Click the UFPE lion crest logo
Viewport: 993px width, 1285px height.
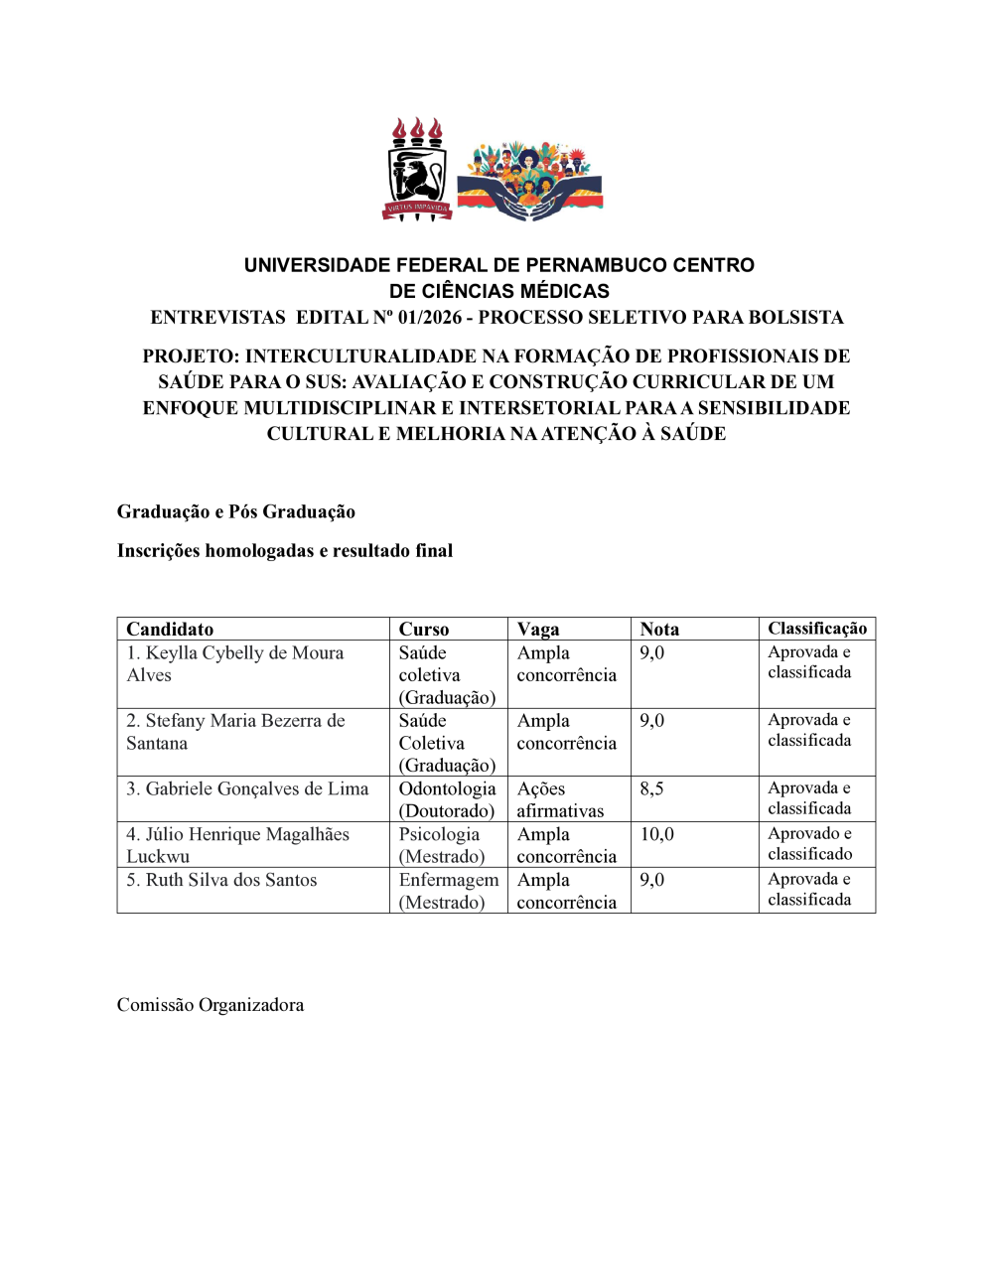click(417, 170)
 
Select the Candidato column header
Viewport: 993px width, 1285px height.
click(170, 629)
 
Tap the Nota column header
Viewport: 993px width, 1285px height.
click(659, 629)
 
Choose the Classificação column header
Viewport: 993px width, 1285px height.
click(816, 628)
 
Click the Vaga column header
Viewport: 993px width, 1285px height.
click(538, 629)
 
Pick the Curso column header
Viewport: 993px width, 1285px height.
click(424, 629)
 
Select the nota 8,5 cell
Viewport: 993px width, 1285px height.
click(651, 788)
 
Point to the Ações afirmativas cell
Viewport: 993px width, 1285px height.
click(560, 799)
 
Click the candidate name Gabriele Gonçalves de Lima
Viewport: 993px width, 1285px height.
click(247, 788)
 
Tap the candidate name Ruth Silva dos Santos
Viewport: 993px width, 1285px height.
click(221, 880)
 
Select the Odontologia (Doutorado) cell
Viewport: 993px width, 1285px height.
click(447, 799)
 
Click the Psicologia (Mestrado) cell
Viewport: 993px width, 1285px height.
click(441, 845)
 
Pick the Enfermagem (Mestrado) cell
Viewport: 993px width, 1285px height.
click(448, 891)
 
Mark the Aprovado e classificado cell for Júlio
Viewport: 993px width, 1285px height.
click(809, 843)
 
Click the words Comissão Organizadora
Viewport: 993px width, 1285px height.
click(211, 1005)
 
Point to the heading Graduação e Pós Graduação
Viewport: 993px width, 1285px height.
click(236, 511)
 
